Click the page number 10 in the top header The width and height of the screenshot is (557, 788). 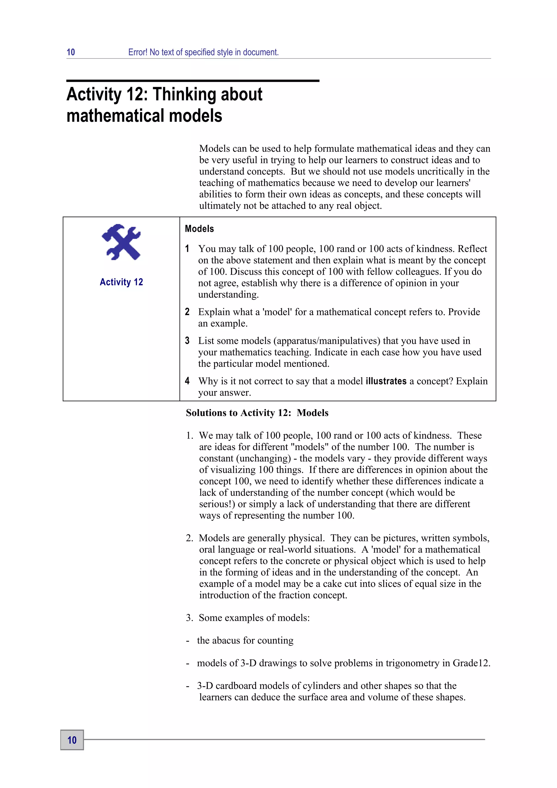(x=71, y=52)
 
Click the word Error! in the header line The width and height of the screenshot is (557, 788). (x=138, y=52)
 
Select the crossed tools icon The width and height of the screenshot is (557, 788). (x=121, y=242)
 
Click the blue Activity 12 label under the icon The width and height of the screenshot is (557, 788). (x=121, y=282)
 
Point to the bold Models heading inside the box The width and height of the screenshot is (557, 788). (x=199, y=229)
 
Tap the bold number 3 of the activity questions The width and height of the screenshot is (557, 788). (x=187, y=341)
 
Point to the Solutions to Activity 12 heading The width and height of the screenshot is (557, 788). (x=257, y=413)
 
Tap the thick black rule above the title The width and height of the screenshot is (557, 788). (x=193, y=81)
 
